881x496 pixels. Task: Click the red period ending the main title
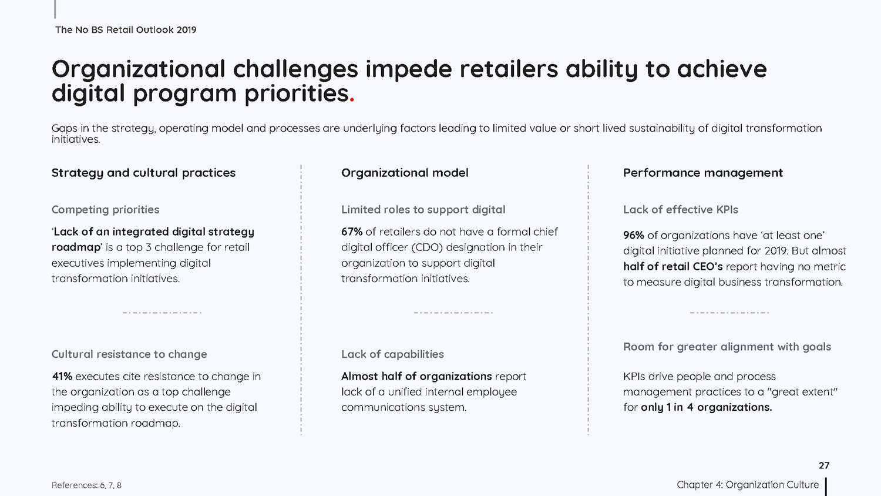[x=352, y=100]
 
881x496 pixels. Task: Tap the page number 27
[x=824, y=465]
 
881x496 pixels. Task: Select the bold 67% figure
[x=352, y=232]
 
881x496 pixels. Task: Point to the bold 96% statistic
[x=634, y=236]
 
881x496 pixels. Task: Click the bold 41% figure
[x=62, y=376]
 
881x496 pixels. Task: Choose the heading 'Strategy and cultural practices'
[x=143, y=173]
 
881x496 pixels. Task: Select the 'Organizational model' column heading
[x=405, y=173]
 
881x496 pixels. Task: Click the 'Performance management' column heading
[x=703, y=173]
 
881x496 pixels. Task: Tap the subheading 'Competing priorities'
[x=105, y=210]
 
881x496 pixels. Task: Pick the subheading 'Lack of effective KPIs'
[x=680, y=210]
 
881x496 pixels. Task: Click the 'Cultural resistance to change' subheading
[x=129, y=354]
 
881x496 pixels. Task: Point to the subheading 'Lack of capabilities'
[x=392, y=354]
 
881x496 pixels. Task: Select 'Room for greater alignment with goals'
[x=727, y=347]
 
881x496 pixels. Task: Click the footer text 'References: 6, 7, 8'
[x=86, y=485]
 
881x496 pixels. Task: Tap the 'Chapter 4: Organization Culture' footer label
[x=748, y=485]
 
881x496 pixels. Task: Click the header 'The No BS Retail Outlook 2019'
[x=126, y=30]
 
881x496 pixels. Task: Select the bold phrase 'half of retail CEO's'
[x=673, y=266]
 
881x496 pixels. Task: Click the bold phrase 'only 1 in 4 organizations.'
[x=707, y=407]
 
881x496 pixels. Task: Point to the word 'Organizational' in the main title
[x=139, y=70]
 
